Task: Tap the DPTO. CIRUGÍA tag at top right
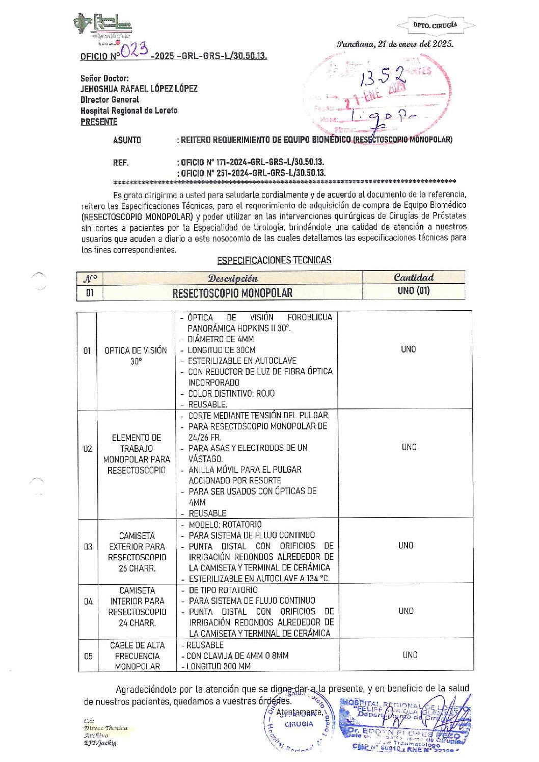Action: coord(435,25)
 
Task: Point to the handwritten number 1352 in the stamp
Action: coord(383,77)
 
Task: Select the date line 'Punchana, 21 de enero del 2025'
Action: coord(395,44)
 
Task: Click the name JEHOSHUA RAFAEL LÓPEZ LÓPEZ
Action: coord(139,89)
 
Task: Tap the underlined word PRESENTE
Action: coord(99,122)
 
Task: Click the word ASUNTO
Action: coord(127,140)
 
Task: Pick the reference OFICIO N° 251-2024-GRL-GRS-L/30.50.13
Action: coord(253,173)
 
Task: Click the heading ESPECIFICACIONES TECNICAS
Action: coord(274,260)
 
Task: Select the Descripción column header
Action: coord(232,278)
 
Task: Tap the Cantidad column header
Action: coord(414,278)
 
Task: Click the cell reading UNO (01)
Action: coord(413,291)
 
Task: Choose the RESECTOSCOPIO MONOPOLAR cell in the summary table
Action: coord(232,293)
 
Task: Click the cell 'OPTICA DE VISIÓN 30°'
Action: coord(136,356)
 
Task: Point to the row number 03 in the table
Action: coord(88,547)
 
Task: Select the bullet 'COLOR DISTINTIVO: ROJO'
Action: coord(231,393)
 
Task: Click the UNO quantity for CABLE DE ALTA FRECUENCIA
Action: coord(410,655)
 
